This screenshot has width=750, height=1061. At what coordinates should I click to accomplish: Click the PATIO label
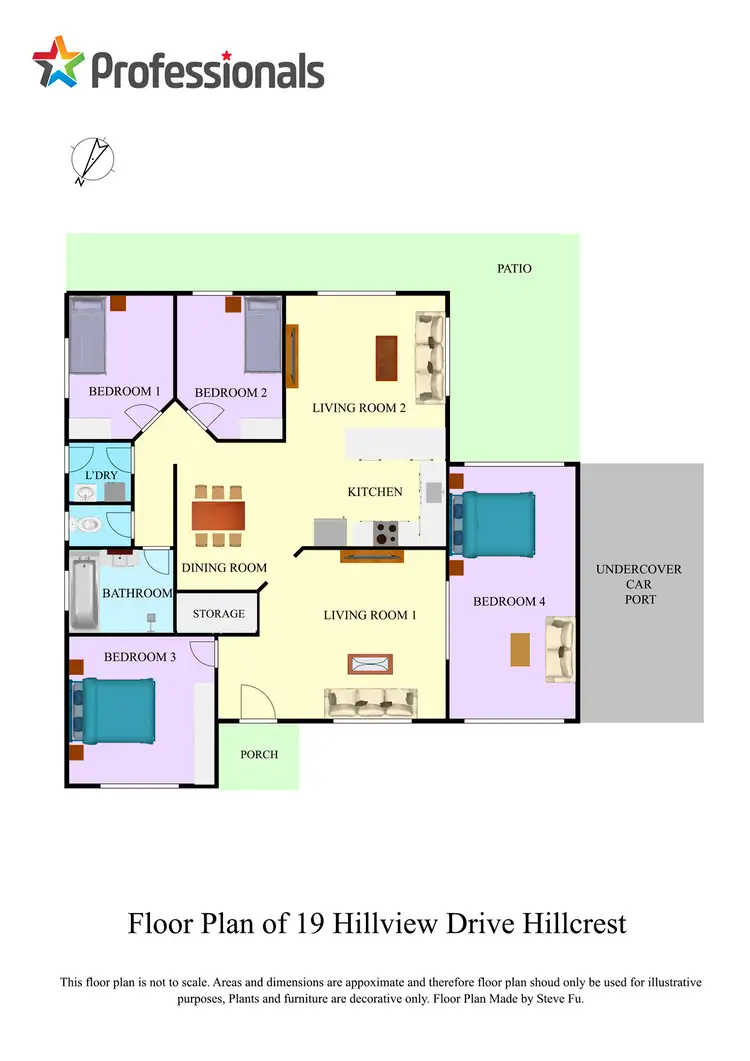tap(514, 269)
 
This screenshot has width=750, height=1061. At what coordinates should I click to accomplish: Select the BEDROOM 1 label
tap(124, 391)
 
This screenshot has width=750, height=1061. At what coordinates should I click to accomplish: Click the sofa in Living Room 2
tap(430, 357)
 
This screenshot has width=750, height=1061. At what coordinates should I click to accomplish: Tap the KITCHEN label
tap(375, 491)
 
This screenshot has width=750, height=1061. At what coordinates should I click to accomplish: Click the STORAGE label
tap(218, 613)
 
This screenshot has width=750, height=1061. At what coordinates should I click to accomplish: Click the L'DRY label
tap(101, 475)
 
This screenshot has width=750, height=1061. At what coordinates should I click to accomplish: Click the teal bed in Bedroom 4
tap(495, 522)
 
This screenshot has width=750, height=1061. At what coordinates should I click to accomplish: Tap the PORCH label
tap(258, 755)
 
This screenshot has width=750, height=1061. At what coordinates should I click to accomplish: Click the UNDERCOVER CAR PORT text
tap(639, 584)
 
